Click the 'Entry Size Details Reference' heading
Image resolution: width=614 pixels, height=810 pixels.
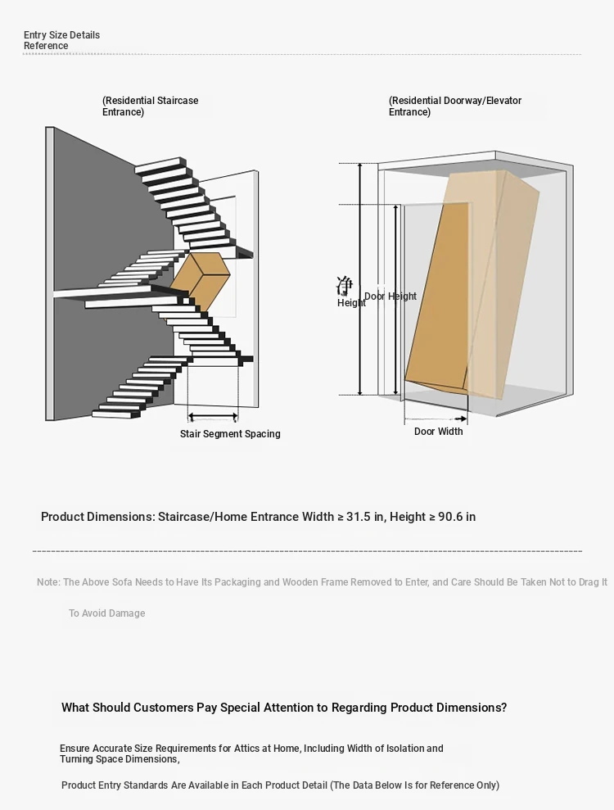click(61, 40)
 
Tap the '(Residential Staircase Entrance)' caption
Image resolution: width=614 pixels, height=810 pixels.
click(150, 106)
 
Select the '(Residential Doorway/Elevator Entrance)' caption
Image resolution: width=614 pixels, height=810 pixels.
click(454, 106)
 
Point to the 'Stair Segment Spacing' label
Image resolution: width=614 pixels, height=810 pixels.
click(230, 434)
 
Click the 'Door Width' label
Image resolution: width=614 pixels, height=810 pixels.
click(438, 432)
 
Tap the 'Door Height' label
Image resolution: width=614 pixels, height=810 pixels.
click(391, 296)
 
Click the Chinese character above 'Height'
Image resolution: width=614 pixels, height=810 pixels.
click(345, 286)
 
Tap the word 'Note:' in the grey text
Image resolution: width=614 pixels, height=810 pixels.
click(48, 582)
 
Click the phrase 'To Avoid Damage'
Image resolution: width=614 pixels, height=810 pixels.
click(106, 613)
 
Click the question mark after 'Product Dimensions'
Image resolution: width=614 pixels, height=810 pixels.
click(503, 708)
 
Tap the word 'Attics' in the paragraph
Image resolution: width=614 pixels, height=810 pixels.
click(253, 749)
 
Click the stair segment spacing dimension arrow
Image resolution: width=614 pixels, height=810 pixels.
click(213, 417)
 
